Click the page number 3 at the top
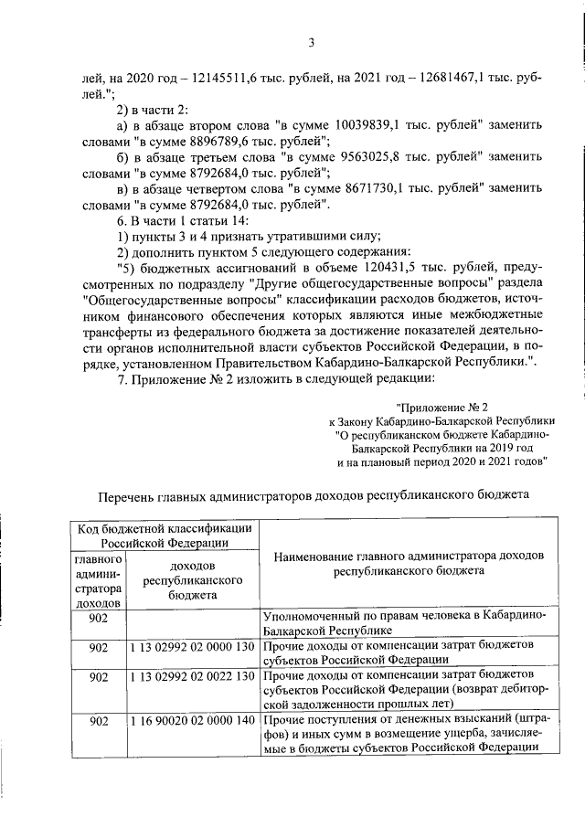311,41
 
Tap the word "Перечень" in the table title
127,496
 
